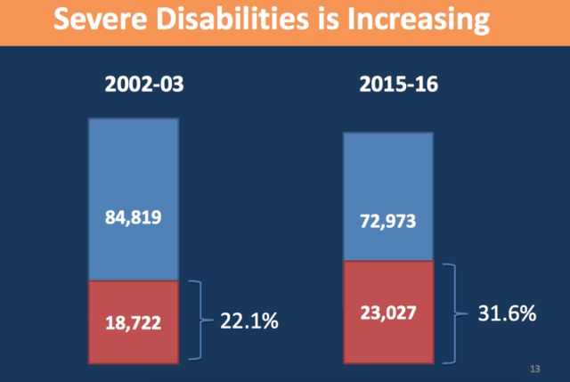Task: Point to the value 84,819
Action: point(133,216)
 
